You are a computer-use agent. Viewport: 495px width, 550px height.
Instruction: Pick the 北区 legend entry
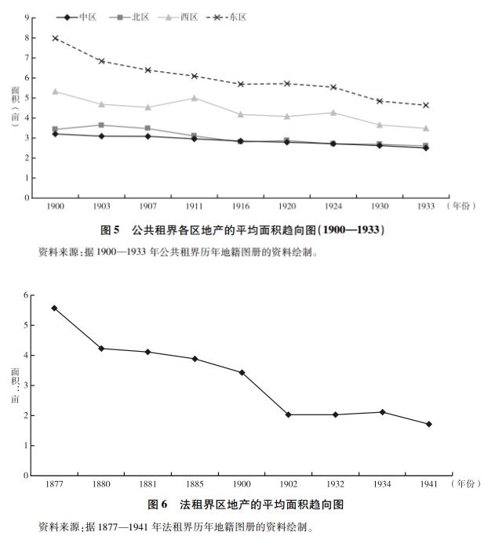pos(128,16)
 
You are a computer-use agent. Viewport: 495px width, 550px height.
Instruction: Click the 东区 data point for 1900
pos(55,38)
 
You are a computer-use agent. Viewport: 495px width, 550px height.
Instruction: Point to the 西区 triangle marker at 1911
pos(194,98)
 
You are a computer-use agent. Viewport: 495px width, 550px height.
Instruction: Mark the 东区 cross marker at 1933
pos(426,105)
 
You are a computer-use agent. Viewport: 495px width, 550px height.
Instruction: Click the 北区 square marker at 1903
pos(101,125)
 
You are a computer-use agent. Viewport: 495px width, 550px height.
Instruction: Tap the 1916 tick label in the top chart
pos(240,207)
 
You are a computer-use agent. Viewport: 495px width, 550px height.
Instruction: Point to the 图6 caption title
pos(246,505)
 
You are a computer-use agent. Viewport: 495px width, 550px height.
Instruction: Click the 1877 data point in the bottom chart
pos(54,308)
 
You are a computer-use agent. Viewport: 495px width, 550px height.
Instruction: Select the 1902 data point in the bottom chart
pos(288,414)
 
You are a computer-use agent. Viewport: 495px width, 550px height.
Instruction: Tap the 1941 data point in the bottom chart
pos(429,425)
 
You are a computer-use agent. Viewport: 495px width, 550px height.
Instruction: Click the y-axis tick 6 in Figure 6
pos(26,295)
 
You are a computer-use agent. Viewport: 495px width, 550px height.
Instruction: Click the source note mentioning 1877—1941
pos(177,527)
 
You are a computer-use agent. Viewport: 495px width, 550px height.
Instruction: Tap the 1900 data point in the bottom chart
pos(242,372)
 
